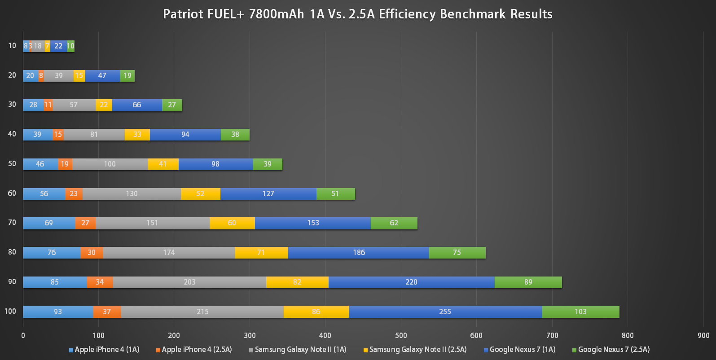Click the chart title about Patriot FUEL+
pos(358,14)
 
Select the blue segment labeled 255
pos(445,312)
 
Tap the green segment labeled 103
pos(580,312)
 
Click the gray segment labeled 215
pos(202,312)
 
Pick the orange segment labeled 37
pos(107,312)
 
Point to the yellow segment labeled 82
pos(297,282)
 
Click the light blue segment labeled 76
pos(52,252)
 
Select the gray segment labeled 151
pos(152,223)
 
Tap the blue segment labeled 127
pos(268,193)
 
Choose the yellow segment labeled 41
pos(163,164)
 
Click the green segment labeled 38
pos(235,134)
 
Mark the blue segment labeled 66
pos(137,105)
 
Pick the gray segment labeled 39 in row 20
pos(59,75)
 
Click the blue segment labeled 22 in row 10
pos(58,46)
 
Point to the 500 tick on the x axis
pos(401,335)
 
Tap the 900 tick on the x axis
pos(703,335)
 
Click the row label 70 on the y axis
pos(12,222)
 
